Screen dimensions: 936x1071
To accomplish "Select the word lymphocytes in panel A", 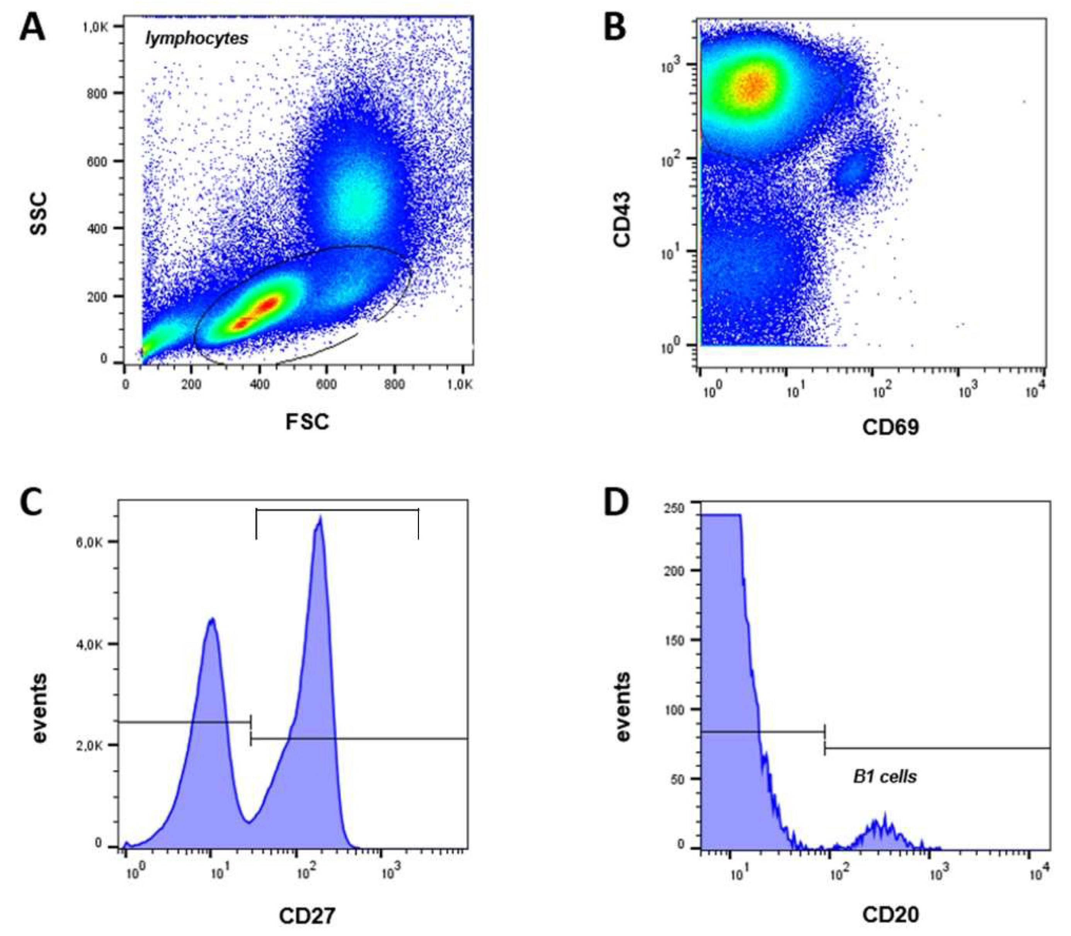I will (x=197, y=39).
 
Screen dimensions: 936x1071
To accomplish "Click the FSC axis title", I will (x=307, y=422).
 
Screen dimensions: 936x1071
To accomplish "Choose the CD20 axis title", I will (x=890, y=914).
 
